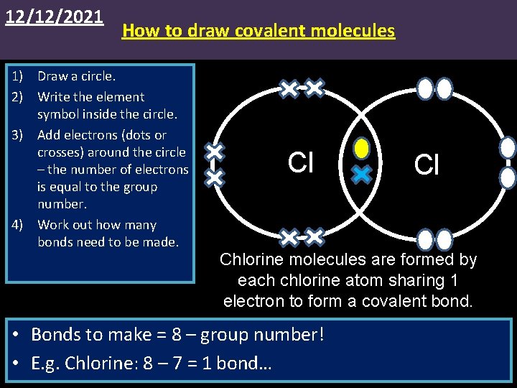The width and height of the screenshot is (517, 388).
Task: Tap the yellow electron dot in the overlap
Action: click(362, 148)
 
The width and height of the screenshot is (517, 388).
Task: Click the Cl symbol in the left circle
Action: click(300, 163)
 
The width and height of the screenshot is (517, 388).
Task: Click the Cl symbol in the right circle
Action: click(427, 165)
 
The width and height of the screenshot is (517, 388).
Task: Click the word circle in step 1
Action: click(97, 76)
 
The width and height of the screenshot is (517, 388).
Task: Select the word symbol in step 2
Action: click(59, 114)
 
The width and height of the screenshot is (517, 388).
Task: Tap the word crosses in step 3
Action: click(60, 152)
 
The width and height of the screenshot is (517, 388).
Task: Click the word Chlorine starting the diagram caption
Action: click(251, 260)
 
